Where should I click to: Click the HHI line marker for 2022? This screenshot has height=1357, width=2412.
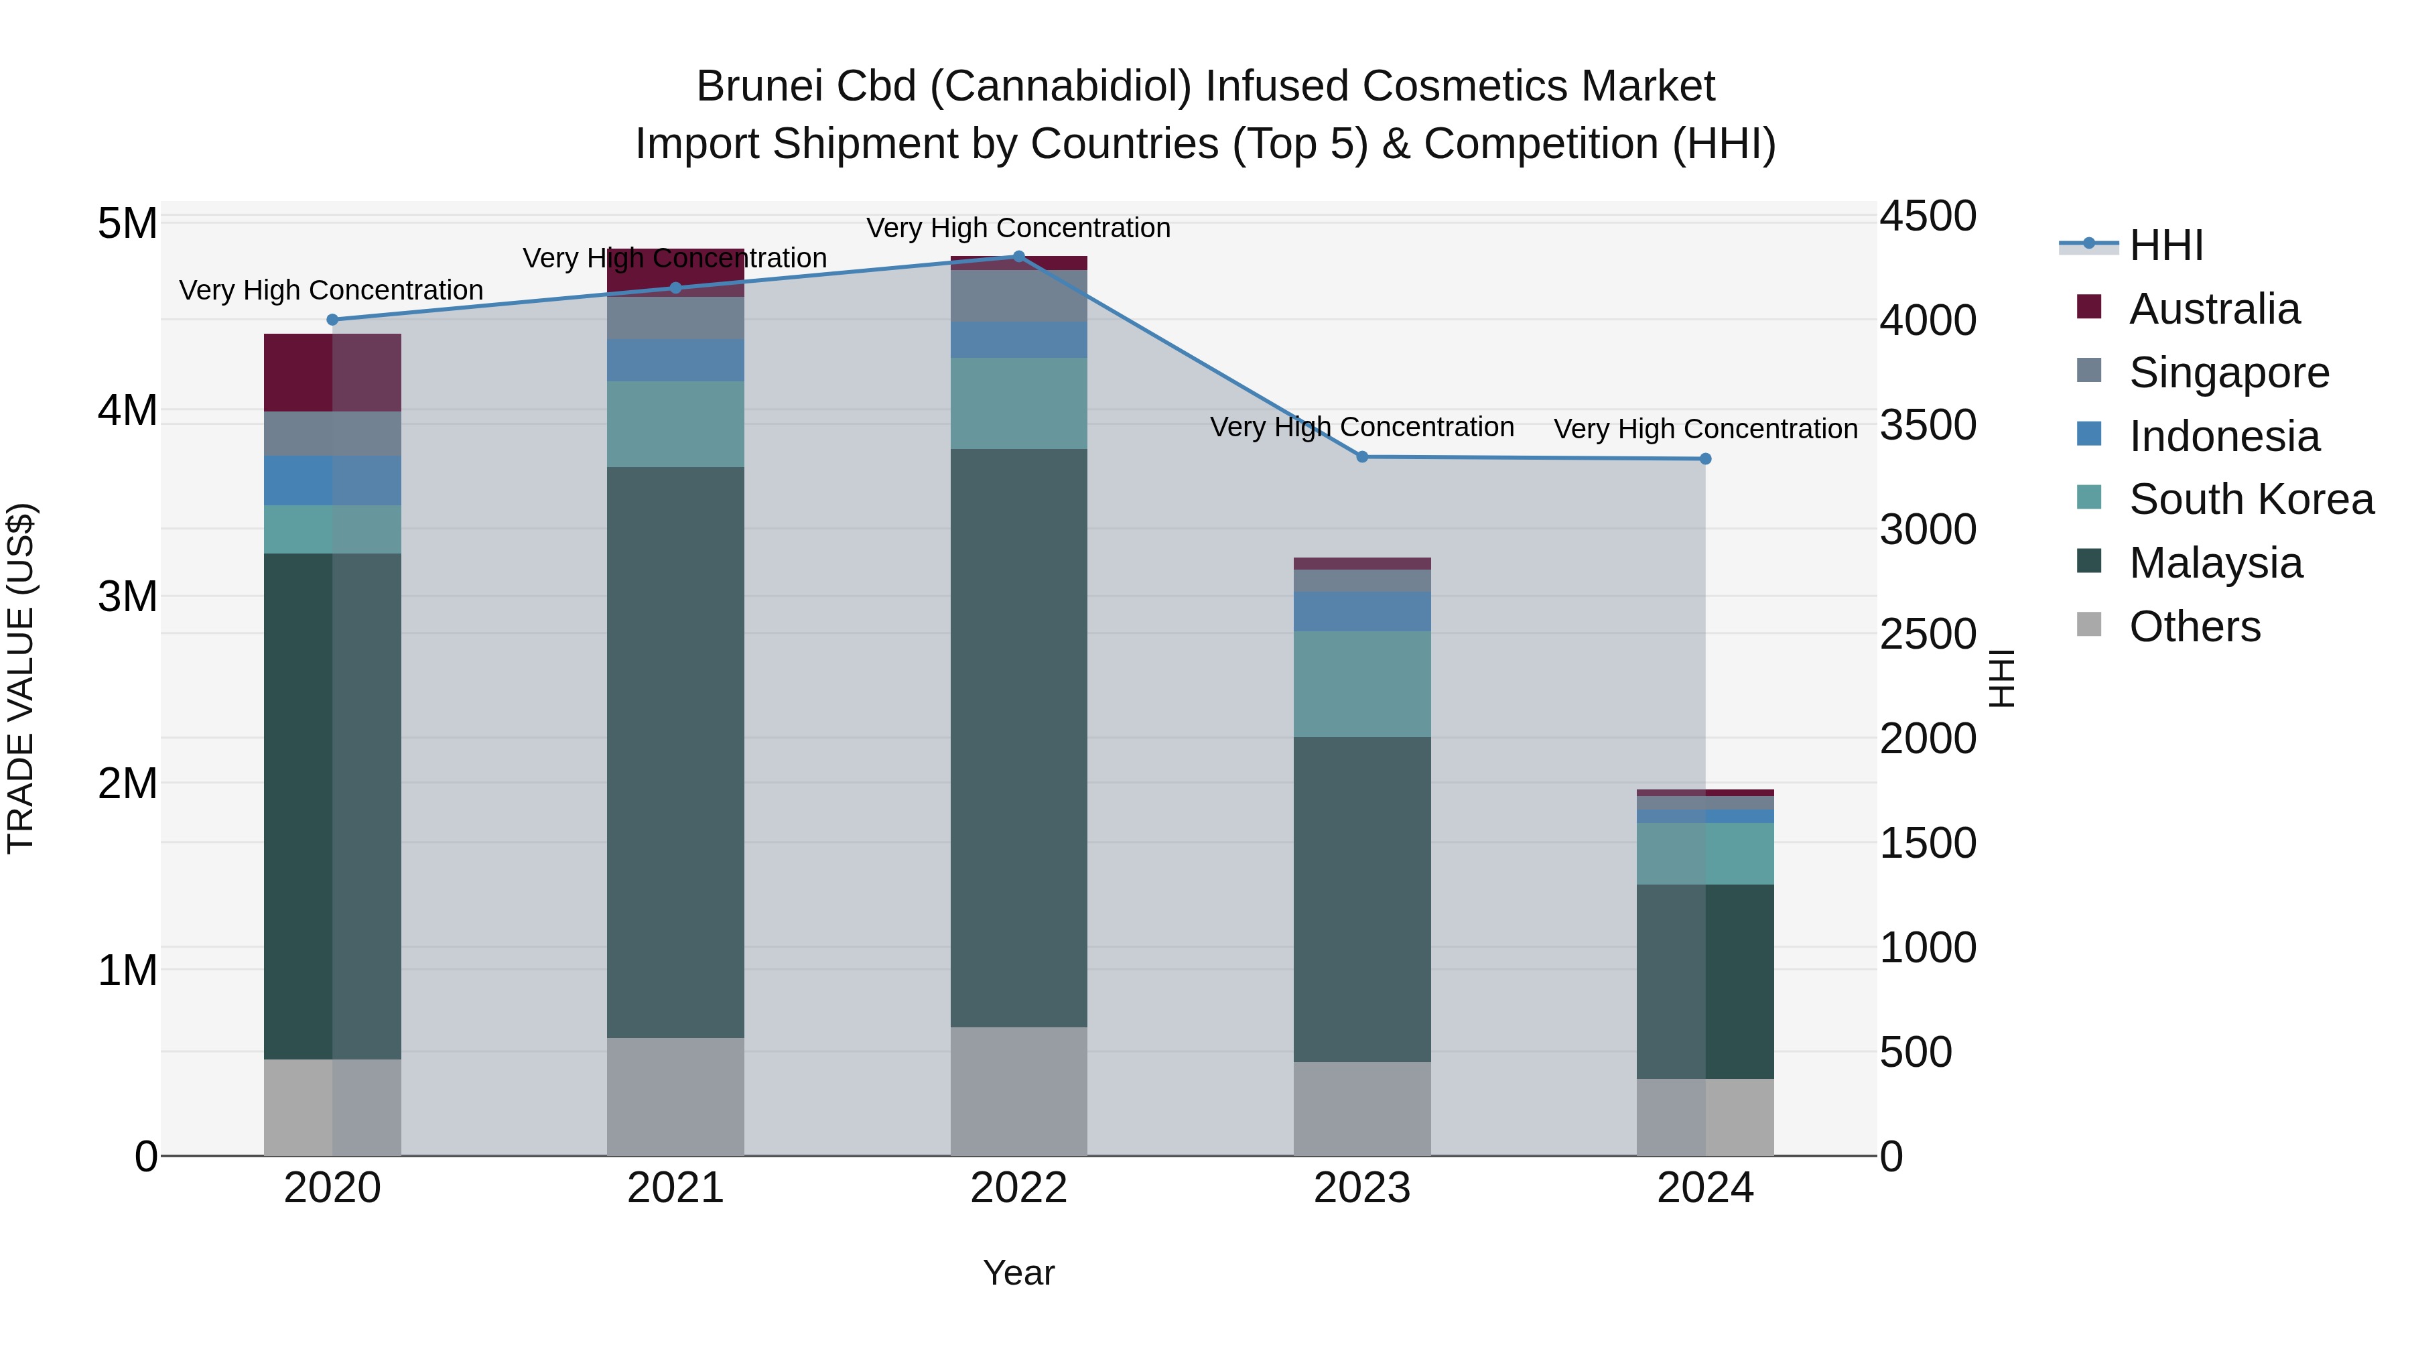coord(1018,256)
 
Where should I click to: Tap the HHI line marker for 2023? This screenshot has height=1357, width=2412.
coord(1362,457)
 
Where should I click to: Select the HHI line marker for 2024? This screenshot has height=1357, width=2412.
coord(1705,459)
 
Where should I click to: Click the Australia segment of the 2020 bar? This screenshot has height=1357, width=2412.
coord(332,372)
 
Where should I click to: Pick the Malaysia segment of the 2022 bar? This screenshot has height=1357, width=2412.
coord(1018,738)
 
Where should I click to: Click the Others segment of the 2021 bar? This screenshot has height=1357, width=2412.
coord(675,1096)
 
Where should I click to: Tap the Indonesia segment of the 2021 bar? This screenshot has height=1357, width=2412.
coord(675,360)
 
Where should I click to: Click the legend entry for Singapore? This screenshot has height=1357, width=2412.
coord(2228,373)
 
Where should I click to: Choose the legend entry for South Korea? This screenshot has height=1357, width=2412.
coord(2251,499)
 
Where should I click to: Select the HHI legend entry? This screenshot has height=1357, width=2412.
coord(2165,245)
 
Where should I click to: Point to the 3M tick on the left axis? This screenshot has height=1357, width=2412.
coord(127,596)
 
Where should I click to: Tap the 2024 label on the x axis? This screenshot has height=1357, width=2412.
coord(1705,1188)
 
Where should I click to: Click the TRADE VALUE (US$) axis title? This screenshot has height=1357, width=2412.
coord(21,678)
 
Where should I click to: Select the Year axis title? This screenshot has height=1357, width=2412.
coord(1018,1273)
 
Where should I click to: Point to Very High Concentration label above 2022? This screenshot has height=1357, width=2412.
coord(1018,228)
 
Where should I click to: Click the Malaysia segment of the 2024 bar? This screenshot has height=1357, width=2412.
coord(1705,982)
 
